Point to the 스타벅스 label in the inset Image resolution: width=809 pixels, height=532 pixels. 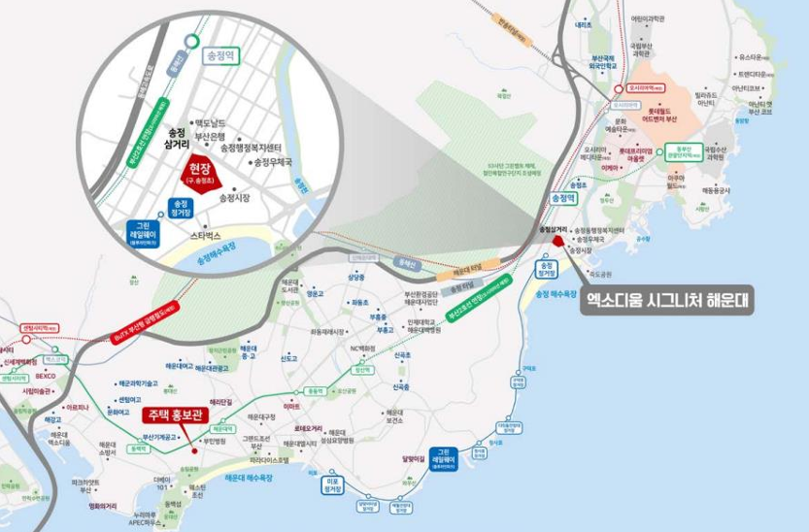pyautogui.click(x=206, y=235)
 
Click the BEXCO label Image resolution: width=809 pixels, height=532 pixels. pyautogui.click(x=46, y=375)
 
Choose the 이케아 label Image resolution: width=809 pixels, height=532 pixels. pyautogui.click(x=610, y=167)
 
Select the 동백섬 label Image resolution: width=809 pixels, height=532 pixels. pyautogui.click(x=172, y=504)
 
